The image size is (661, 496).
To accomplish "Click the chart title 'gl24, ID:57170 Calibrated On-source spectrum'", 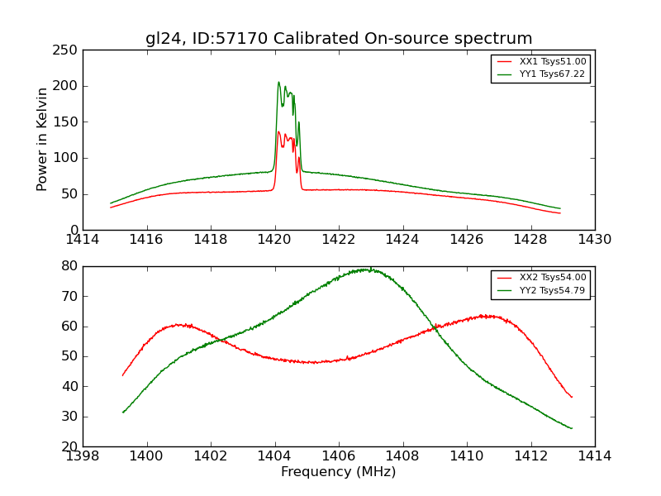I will click(x=339, y=39).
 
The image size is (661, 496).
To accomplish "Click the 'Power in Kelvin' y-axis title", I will click(x=42, y=140).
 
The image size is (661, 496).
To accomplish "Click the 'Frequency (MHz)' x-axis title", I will click(x=339, y=472).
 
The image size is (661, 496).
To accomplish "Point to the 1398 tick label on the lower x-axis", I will click(x=83, y=455).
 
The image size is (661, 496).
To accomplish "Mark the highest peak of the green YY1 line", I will click(x=278, y=82).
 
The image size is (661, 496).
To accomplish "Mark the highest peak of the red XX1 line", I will click(x=278, y=131).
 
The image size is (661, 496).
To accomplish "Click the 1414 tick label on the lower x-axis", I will click(x=595, y=455).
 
